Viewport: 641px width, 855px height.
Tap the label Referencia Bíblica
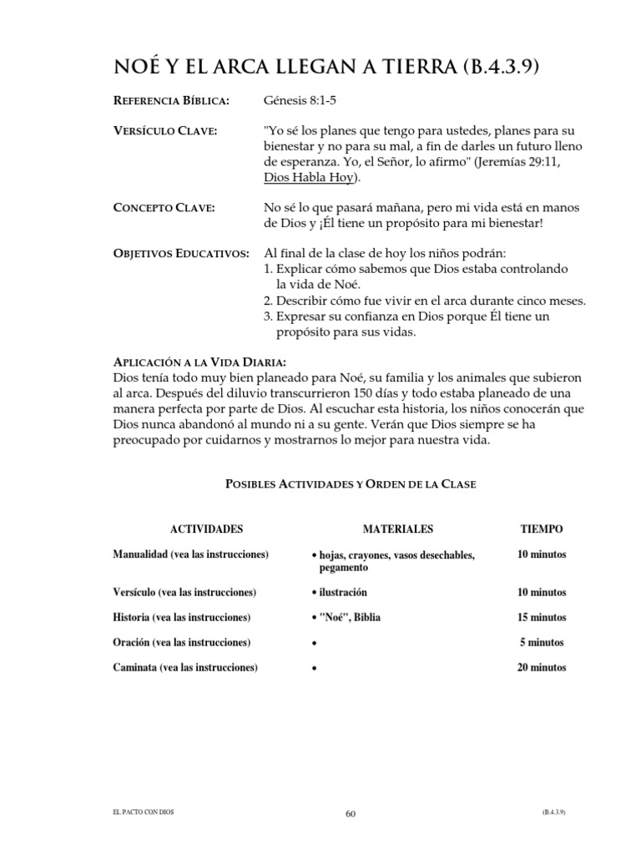point(171,101)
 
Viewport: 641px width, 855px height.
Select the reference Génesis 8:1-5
point(300,101)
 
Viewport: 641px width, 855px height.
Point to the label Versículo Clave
point(165,132)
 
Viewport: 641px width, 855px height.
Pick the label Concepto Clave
point(164,208)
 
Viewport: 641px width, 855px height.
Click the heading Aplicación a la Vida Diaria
point(200,362)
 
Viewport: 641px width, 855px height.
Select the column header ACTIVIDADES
point(206,529)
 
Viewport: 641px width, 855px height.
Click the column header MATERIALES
point(397,529)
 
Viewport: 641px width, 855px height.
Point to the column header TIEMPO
point(542,529)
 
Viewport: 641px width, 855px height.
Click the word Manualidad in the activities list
point(139,554)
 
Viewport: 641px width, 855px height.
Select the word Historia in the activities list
point(132,617)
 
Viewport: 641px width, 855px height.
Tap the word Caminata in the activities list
point(135,667)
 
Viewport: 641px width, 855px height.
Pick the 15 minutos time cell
point(542,617)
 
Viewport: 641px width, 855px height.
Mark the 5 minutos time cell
point(542,642)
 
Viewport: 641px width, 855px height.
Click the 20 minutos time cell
point(542,667)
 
